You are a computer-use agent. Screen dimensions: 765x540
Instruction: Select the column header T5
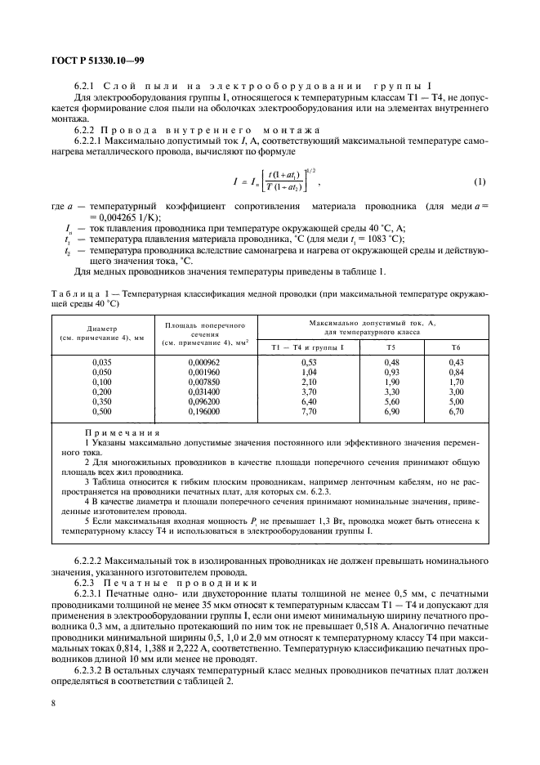pyautogui.click(x=415, y=347)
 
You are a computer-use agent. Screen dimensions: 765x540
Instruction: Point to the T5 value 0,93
pyautogui.click(x=415, y=372)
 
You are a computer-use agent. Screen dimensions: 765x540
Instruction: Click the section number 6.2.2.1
pyautogui.click(x=90, y=141)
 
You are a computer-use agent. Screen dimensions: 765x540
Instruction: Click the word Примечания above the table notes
pyautogui.click(x=123, y=433)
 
